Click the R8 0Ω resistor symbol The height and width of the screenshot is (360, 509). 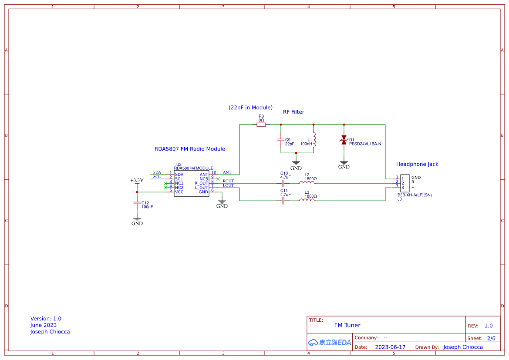(261, 124)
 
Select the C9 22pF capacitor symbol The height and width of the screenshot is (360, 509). (281, 140)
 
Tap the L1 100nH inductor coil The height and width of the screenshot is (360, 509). (314, 140)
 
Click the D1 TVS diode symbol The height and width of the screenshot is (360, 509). (344, 140)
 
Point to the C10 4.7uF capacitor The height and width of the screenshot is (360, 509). (283, 183)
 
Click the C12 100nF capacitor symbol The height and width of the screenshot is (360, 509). (137, 203)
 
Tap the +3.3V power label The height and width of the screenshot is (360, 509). (137, 180)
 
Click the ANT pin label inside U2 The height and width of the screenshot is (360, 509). (204, 174)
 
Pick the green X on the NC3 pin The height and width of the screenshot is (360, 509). (217, 178)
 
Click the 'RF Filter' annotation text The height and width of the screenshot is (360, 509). (293, 112)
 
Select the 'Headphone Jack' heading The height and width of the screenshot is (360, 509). (417, 164)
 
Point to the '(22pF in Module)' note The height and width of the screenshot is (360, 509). (250, 108)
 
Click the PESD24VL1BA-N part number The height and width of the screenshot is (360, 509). (365, 144)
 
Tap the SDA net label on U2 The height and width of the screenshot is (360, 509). (157, 172)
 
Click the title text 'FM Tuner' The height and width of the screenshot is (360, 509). (347, 325)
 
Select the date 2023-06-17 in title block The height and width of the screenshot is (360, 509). (390, 347)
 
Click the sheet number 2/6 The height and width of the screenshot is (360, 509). (491, 338)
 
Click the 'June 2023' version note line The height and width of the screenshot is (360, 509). (44, 325)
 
